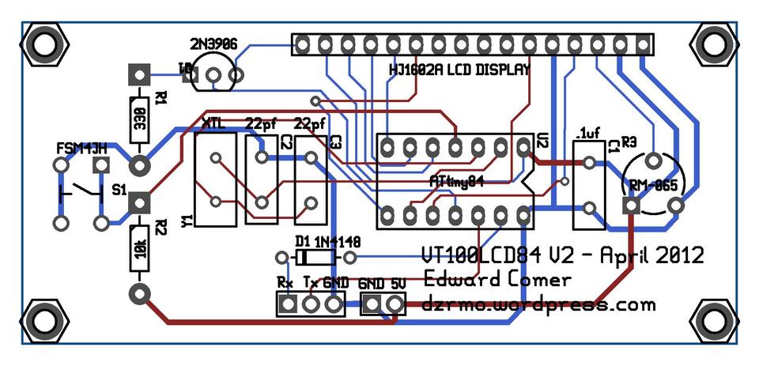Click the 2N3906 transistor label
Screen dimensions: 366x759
[214, 43]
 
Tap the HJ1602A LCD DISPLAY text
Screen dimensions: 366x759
[458, 70]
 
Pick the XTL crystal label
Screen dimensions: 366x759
[213, 124]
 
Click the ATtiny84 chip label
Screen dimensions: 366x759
[456, 180]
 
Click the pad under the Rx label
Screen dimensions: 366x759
[288, 303]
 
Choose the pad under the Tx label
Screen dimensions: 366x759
[312, 303]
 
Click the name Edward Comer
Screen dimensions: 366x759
[497, 280]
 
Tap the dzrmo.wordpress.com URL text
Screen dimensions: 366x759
[539, 304]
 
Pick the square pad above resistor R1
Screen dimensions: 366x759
[139, 76]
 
